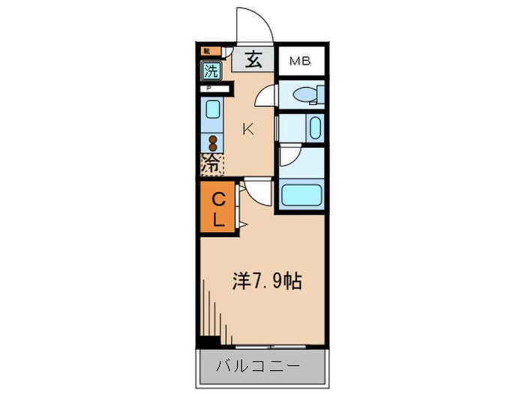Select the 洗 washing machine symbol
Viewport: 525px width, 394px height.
pos(211,72)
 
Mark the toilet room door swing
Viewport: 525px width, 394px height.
pos(266,96)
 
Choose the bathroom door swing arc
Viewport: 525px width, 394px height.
pos(289,156)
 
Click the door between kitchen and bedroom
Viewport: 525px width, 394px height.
pos(257,191)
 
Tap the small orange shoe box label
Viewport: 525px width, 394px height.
pos(207,52)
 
